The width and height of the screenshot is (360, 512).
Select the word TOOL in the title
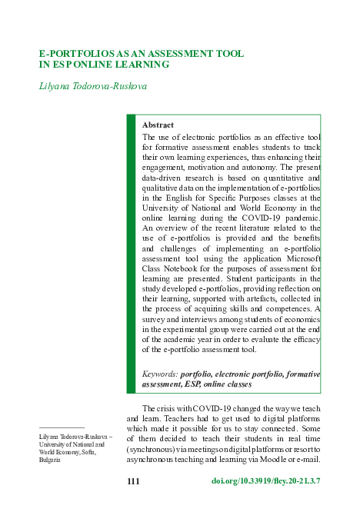(x=228, y=55)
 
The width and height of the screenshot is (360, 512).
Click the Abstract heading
(x=158, y=125)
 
